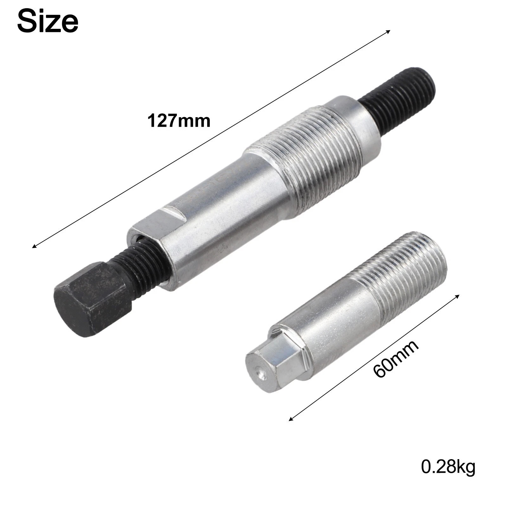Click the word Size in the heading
(x=48, y=21)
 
